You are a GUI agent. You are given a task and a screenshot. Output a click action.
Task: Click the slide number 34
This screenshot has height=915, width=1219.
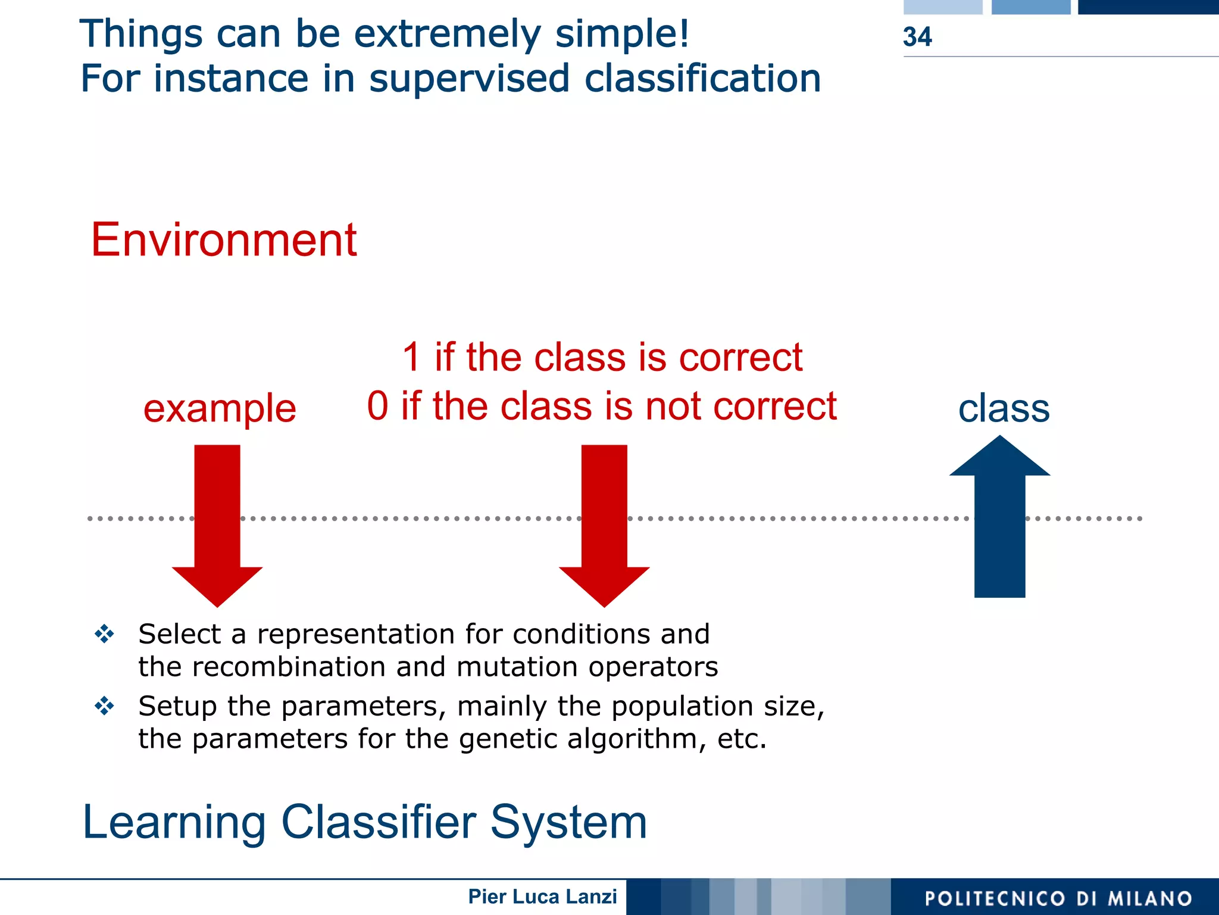917,37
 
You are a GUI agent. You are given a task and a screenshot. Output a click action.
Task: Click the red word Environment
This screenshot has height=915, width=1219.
223,240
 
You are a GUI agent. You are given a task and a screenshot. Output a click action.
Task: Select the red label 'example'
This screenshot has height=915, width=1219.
220,409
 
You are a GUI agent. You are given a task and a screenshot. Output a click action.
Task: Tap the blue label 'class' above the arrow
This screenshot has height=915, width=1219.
1004,409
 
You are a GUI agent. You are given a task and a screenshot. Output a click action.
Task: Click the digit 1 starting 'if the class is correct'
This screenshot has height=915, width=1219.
411,358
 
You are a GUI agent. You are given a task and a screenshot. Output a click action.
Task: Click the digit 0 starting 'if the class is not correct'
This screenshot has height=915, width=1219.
377,407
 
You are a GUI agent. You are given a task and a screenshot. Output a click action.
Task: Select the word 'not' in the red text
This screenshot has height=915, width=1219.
673,407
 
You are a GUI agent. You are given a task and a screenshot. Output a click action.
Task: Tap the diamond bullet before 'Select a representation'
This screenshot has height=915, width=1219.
104,634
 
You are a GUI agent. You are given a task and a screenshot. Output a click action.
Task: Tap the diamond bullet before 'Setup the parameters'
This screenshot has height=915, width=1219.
104,706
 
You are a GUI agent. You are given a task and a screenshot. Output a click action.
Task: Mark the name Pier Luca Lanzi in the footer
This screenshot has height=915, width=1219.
542,897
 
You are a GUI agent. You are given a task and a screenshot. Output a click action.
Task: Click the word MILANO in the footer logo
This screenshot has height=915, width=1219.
1149,898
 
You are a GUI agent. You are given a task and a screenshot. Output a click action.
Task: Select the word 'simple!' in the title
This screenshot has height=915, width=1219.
622,34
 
